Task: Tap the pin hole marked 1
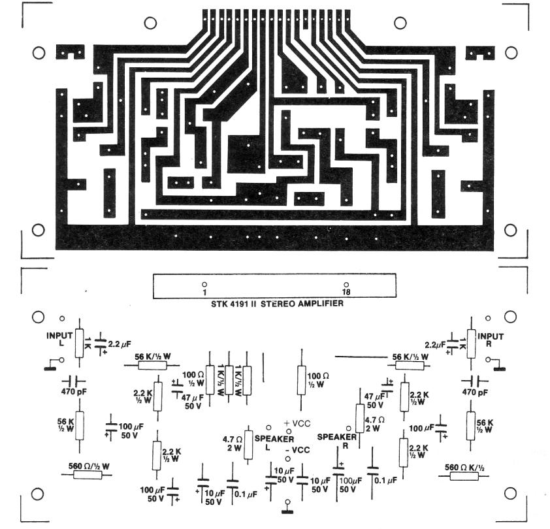pyautogui.click(x=204, y=284)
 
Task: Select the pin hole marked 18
pyautogui.click(x=346, y=284)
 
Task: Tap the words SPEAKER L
pyautogui.click(x=274, y=442)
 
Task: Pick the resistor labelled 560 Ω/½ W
pyautogui.click(x=88, y=473)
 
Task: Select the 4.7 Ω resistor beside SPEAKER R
pyautogui.click(x=359, y=418)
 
